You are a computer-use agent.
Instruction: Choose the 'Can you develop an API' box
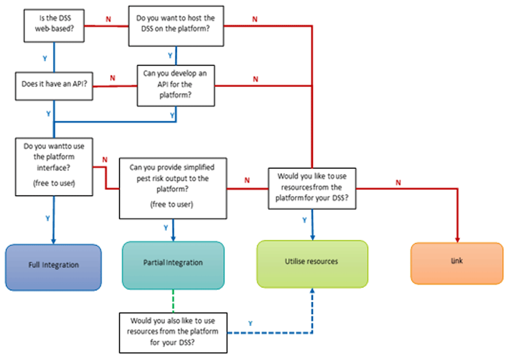click(x=175, y=85)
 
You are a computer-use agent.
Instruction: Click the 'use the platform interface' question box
click(x=54, y=166)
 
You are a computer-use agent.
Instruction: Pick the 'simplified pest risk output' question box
click(x=172, y=188)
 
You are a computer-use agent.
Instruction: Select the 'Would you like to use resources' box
click(x=312, y=188)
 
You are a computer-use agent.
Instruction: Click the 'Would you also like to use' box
click(x=173, y=332)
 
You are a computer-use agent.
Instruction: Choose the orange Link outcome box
click(x=457, y=262)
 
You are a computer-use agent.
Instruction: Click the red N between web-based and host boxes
click(x=107, y=19)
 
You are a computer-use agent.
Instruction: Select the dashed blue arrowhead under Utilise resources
click(x=312, y=290)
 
